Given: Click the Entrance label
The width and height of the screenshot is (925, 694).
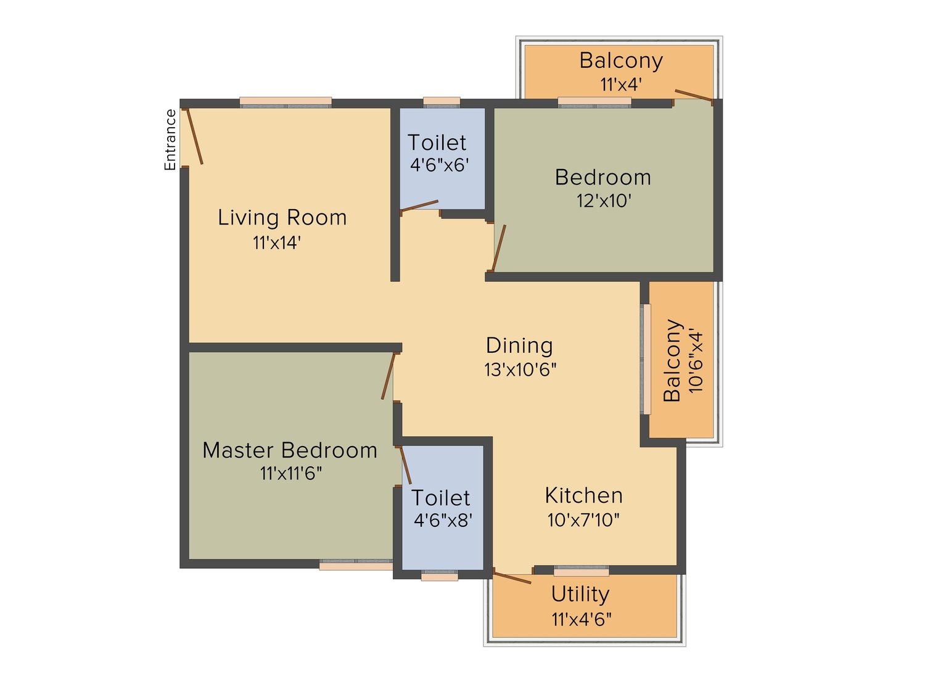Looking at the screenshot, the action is click(x=170, y=139).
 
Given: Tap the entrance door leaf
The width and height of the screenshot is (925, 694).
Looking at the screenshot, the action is click(x=195, y=136).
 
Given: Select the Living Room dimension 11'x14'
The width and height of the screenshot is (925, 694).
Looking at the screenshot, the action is click(x=277, y=242).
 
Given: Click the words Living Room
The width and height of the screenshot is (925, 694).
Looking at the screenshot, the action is click(x=282, y=217).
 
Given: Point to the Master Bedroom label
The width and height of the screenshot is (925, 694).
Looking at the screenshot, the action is click(x=289, y=450).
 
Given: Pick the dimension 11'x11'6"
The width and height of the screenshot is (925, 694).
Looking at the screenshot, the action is click(x=291, y=474).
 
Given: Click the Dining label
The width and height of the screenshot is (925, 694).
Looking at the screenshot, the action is click(x=519, y=346).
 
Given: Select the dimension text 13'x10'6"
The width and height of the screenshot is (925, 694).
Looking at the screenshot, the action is click(x=520, y=370).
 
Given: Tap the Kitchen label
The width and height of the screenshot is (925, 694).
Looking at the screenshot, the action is click(x=583, y=495).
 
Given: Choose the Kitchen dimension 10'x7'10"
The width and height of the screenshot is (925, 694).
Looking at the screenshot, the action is click(x=583, y=520).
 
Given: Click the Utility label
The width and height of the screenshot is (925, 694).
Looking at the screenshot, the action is click(x=580, y=595).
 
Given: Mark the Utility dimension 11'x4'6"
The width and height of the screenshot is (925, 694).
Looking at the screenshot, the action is click(x=582, y=619).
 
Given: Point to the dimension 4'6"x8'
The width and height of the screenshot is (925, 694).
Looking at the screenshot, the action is click(x=443, y=521).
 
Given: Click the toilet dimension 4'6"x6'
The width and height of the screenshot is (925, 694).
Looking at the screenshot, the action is click(x=440, y=165).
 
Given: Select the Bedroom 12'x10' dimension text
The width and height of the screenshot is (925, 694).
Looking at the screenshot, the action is click(x=604, y=201).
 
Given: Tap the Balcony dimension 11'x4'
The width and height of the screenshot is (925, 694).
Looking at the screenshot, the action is click(x=621, y=85).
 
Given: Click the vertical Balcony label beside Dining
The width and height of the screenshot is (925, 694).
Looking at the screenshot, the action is click(x=672, y=360).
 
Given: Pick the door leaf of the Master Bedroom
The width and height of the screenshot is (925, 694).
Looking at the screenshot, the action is click(x=388, y=376).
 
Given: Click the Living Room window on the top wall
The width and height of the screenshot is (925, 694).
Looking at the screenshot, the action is click(x=286, y=102).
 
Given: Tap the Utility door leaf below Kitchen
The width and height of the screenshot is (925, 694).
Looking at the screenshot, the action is click(x=512, y=577).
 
